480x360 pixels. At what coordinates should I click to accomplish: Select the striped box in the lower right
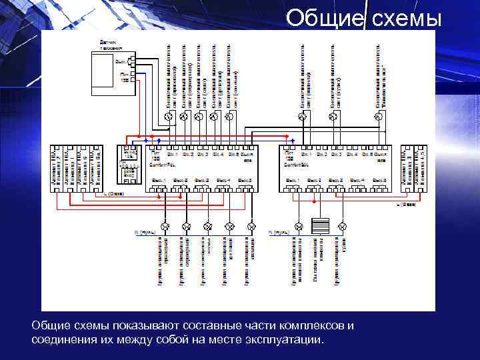tap(321, 226)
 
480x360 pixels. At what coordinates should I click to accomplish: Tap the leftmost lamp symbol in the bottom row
tap(164, 226)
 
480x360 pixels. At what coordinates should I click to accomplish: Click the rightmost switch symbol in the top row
tap(378, 117)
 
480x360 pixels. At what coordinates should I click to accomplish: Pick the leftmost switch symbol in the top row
tap(168, 117)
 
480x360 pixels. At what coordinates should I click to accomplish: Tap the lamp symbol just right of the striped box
tap(343, 226)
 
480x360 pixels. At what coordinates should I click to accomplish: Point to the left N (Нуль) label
tap(146, 233)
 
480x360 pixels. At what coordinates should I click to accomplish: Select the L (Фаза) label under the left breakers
tap(115, 194)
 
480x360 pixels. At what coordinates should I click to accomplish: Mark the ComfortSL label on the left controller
tap(160, 163)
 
